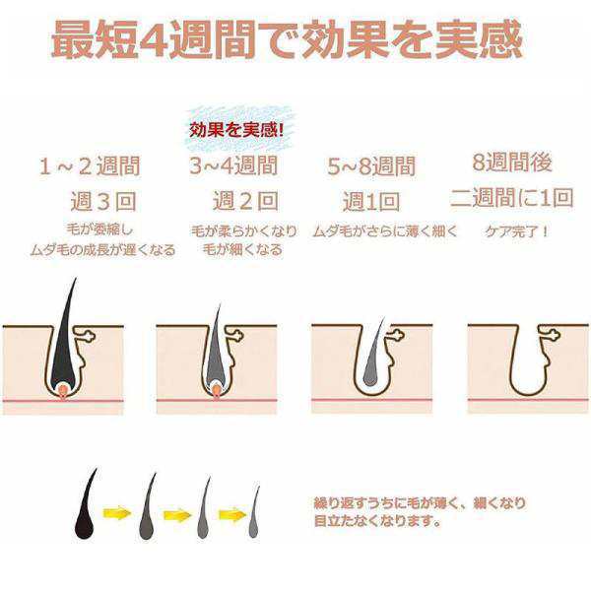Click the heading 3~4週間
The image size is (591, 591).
(x=232, y=165)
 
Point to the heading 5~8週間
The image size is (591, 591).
(x=370, y=165)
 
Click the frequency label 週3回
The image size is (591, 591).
(x=102, y=202)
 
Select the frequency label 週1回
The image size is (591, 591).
(x=370, y=202)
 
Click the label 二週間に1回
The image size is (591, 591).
(x=511, y=197)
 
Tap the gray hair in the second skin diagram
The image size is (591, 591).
(x=217, y=345)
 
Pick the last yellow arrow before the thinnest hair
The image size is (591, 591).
(x=230, y=513)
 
